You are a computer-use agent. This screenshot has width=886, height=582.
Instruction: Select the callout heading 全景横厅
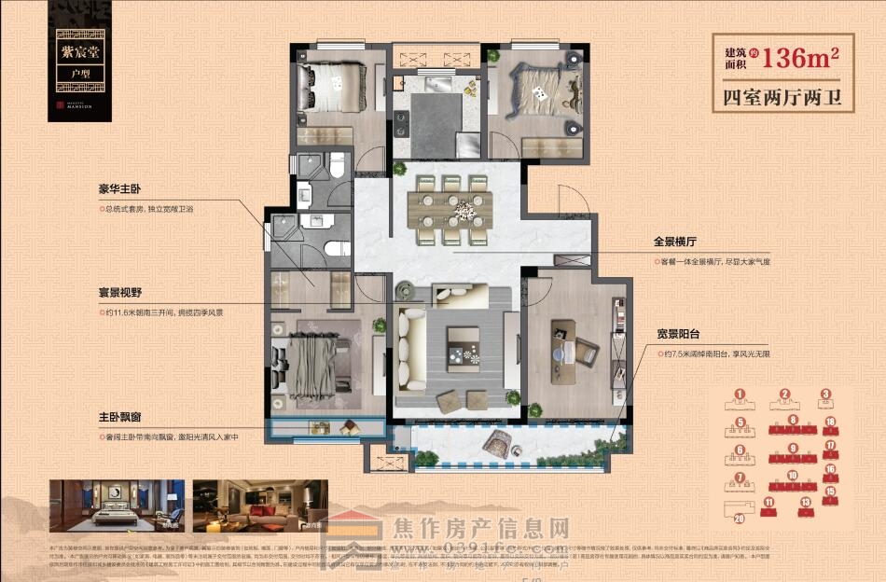click(x=676, y=242)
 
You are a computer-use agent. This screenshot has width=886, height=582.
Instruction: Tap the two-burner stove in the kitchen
click(x=402, y=122)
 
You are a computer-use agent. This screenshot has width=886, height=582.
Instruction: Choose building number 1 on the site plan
click(x=740, y=397)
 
